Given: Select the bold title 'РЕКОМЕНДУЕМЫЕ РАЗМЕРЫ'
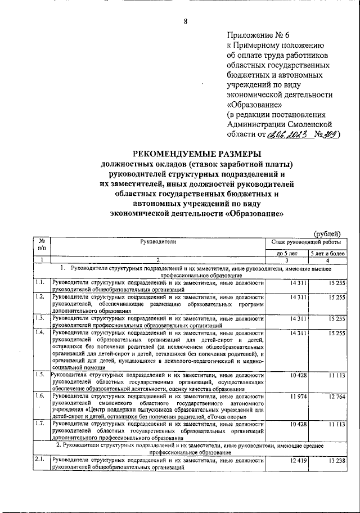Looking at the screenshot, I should (196, 154).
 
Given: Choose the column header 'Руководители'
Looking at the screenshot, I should (159, 241).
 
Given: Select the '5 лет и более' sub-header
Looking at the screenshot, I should (328, 254).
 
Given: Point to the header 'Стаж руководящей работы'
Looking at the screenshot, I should (307, 241).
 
